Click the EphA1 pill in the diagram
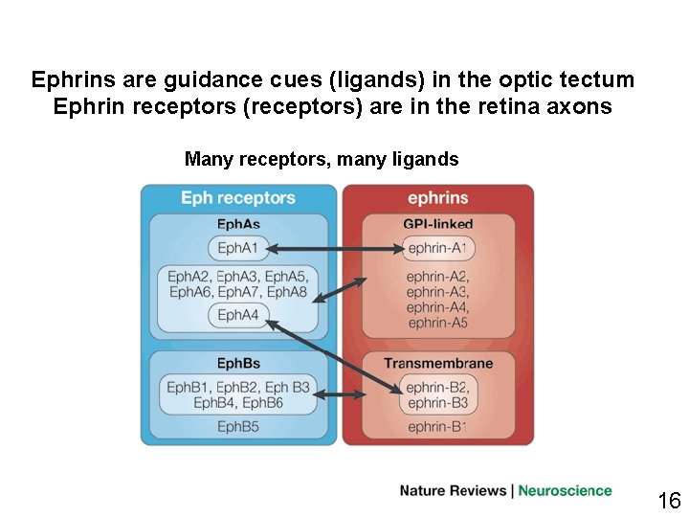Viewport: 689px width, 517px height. [x=238, y=249]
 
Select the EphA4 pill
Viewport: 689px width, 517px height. [x=238, y=315]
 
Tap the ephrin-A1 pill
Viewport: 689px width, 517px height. [x=437, y=249]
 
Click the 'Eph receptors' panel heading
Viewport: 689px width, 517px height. [x=238, y=198]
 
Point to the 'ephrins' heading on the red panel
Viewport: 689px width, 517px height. [x=437, y=198]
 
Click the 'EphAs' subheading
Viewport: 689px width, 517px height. [x=238, y=224]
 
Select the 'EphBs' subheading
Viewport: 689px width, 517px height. [x=238, y=364]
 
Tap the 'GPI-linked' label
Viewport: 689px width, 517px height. [x=437, y=224]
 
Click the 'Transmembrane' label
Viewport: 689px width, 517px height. [x=437, y=364]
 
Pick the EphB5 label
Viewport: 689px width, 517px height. [x=238, y=427]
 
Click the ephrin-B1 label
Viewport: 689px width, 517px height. [x=437, y=427]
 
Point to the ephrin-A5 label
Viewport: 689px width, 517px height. [x=437, y=323]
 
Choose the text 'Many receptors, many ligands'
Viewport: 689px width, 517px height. [x=322, y=159]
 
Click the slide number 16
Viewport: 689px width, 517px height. [x=669, y=500]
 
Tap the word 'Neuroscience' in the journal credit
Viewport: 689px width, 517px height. [x=565, y=491]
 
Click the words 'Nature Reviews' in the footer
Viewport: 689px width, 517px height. [x=453, y=491]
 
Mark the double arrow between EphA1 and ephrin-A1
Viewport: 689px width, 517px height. [x=334, y=249]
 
